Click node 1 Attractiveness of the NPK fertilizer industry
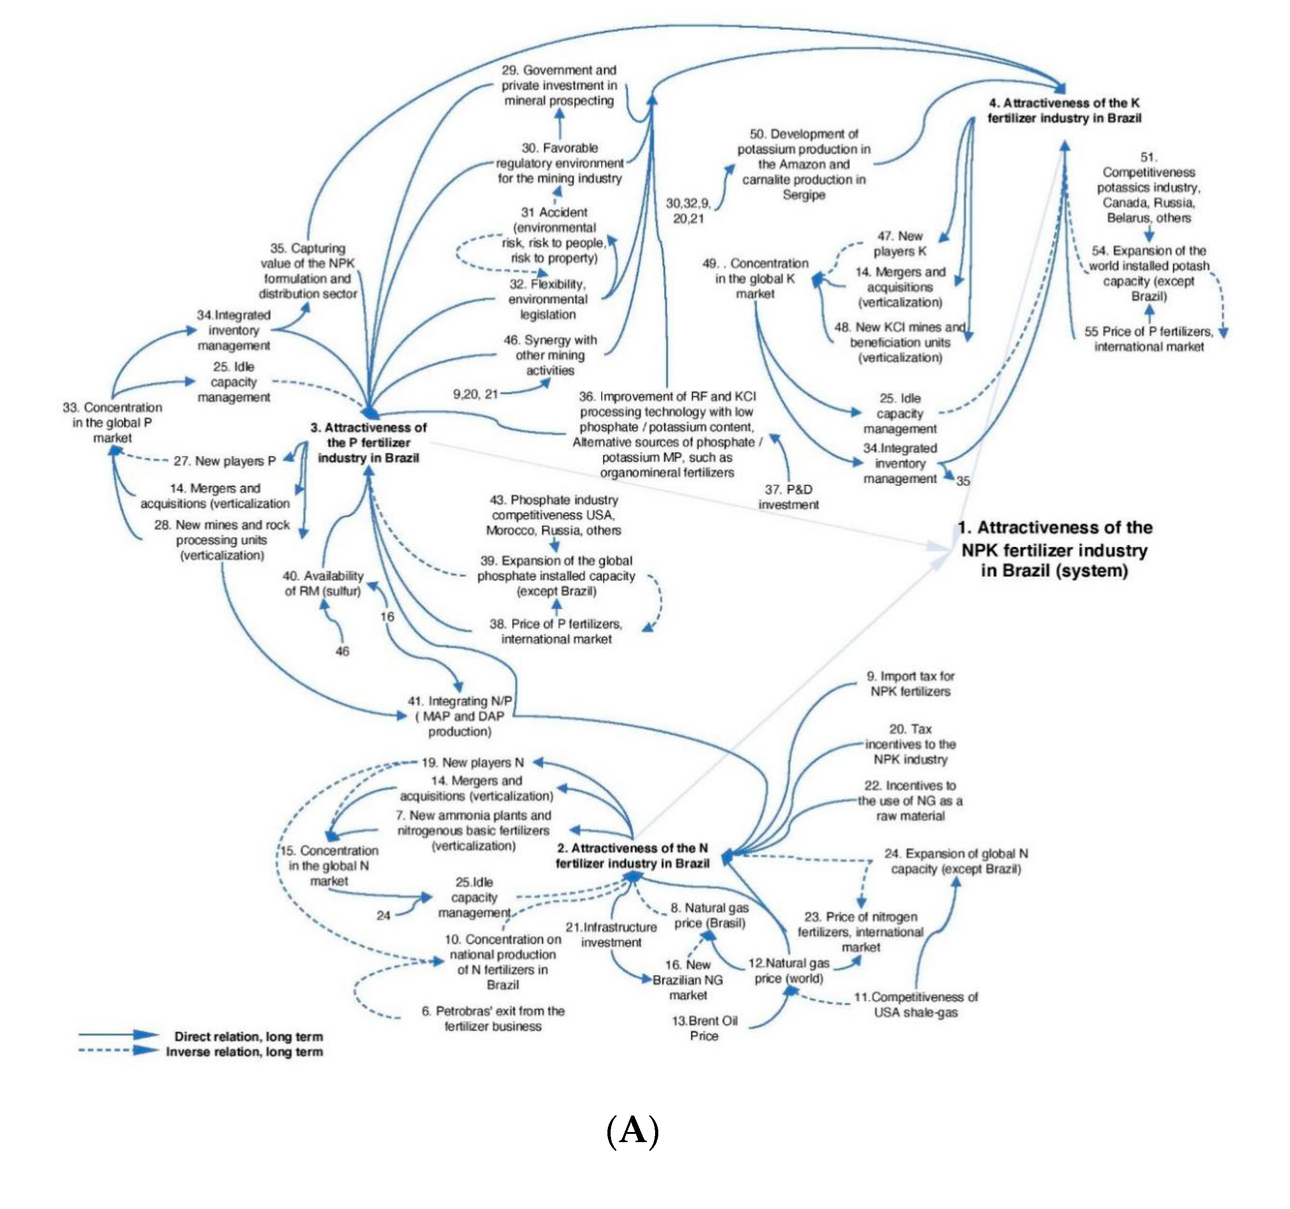pyautogui.click(x=1054, y=549)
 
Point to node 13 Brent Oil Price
pyautogui.click(x=704, y=1028)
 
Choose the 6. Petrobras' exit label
pyautogui.click(x=493, y=1018)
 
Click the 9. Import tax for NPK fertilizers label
pyautogui.click(x=910, y=684)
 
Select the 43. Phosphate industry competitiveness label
pyautogui.click(x=553, y=515)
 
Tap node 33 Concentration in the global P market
pyautogui.click(x=112, y=422)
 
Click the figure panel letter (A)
pyautogui.click(x=633, y=1131)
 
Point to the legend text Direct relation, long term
pyautogui.click(x=248, y=1036)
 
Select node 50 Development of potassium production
pyautogui.click(x=803, y=164)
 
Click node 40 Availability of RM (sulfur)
pyautogui.click(x=323, y=583)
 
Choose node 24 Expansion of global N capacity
pyautogui.click(x=955, y=861)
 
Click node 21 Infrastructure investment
pyautogui.click(x=611, y=935)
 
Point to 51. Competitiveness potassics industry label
pyautogui.click(x=1148, y=187)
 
